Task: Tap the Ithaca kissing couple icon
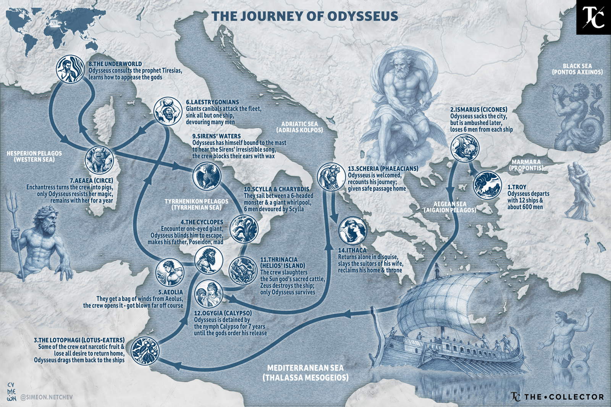352,230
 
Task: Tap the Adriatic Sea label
302,127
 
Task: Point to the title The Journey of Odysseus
305,16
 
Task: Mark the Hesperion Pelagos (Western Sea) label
34,156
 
